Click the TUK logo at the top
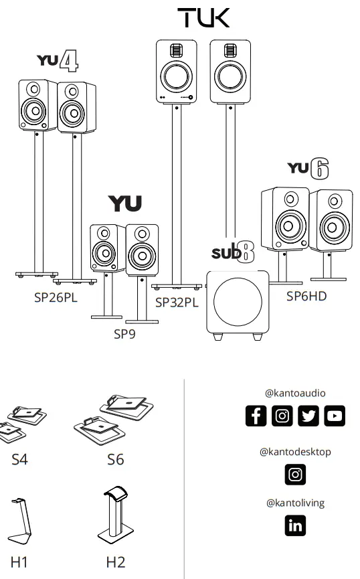(203, 18)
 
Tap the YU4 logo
(58, 61)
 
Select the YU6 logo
(308, 168)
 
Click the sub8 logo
(233, 252)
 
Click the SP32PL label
(177, 303)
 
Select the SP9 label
(124, 334)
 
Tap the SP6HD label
(306, 296)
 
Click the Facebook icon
(256, 416)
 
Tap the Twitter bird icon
(308, 416)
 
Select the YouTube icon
(335, 416)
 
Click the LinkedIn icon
(295, 525)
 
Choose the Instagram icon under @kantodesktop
(295, 474)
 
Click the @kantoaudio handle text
(295, 394)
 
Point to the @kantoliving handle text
(295, 503)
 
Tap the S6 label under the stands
(115, 460)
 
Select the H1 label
(19, 562)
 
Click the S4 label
(19, 460)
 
